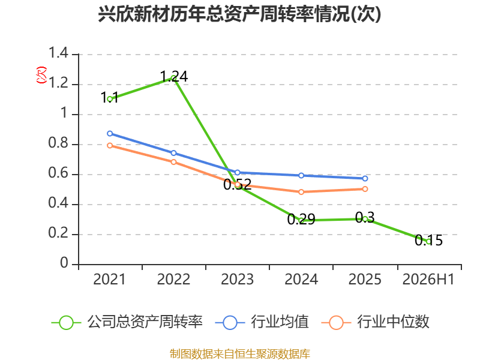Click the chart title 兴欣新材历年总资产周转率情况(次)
pos(239,14)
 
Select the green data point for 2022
pos(173,78)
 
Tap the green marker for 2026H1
pos(428,242)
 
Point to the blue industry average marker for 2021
pos(110,133)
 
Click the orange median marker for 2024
pos(301,192)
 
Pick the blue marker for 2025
pos(365,178)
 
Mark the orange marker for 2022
pos(173,162)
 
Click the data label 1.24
pos(174,76)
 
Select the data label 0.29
pos(301,219)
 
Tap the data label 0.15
pos(428,241)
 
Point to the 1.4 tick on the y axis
pos(58,53)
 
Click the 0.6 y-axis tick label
pos(58,173)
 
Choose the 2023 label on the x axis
pos(237,280)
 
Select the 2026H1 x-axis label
pos(428,280)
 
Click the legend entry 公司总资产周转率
pos(127,322)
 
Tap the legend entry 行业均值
pos(262,322)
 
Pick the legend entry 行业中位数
pos(376,322)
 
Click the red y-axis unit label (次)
pos(41,75)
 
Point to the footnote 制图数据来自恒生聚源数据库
pos(239,354)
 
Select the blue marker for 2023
pos(237,173)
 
